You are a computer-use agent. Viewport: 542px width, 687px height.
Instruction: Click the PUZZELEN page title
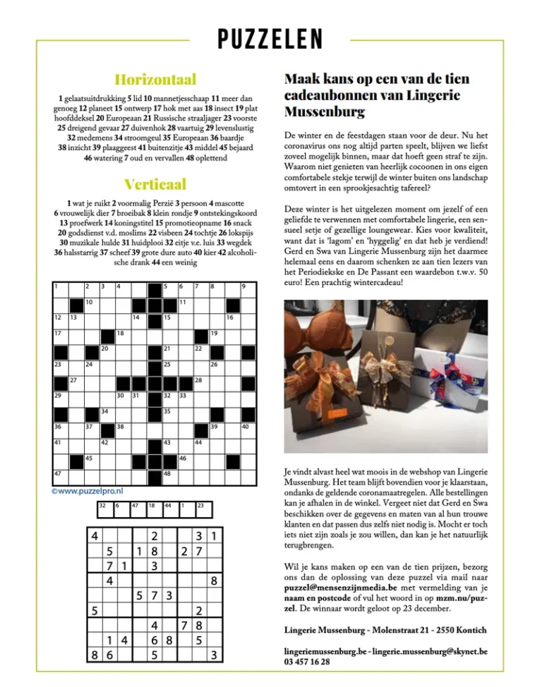(x=270, y=39)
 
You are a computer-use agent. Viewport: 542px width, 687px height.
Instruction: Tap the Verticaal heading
(x=155, y=185)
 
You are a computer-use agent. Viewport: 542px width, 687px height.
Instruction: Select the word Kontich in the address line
(x=466, y=629)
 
